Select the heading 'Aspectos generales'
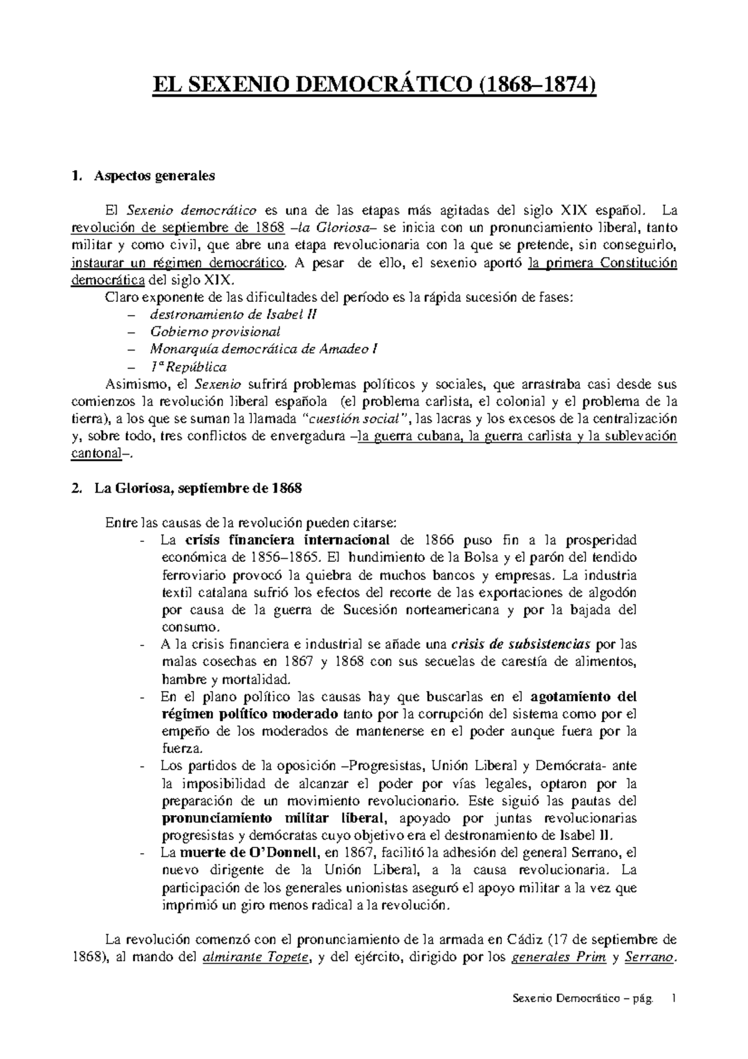(154, 176)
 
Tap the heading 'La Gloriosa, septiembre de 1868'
(198, 488)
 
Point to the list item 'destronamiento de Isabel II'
(233, 314)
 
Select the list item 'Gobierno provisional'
(215, 332)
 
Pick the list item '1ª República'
(188, 367)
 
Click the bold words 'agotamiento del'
(583, 696)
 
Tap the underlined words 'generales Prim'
(558, 959)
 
